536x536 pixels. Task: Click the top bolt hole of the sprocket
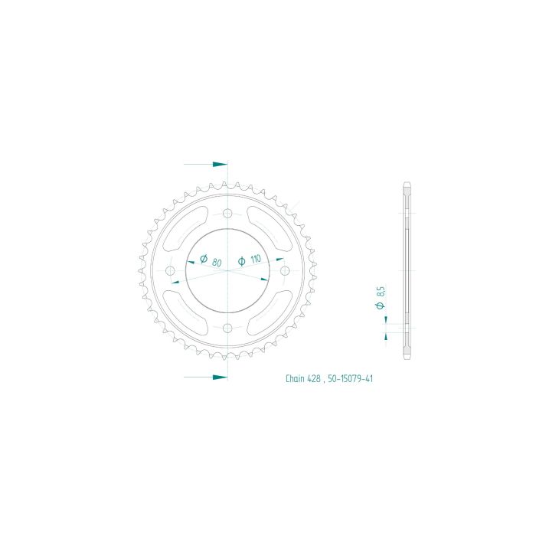coord(227,214)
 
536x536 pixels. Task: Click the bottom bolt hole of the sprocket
coord(227,328)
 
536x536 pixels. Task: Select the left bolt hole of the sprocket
coord(170,271)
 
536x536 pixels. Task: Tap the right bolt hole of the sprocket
coord(285,271)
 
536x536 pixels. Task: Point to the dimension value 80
coord(217,263)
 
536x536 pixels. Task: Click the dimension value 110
coord(255,259)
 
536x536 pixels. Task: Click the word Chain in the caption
coord(295,378)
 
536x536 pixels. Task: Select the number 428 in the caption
coord(313,378)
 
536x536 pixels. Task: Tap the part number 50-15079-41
coord(351,378)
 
